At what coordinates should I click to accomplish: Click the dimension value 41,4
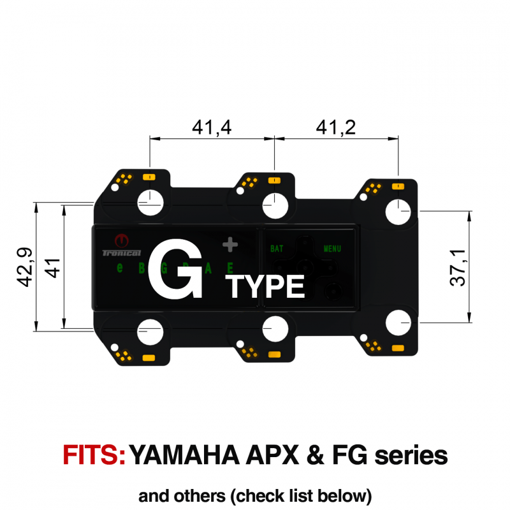pyautogui.click(x=211, y=128)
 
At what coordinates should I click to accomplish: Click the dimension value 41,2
pyautogui.click(x=336, y=128)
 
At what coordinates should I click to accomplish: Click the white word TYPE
pyautogui.click(x=266, y=288)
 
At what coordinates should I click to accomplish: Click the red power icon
pyautogui.click(x=120, y=242)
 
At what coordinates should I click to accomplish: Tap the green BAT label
pyautogui.click(x=277, y=249)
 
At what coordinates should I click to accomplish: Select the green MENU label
pyautogui.click(x=331, y=249)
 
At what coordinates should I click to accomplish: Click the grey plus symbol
pyautogui.click(x=230, y=244)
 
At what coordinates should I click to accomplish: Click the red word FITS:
pyautogui.click(x=94, y=455)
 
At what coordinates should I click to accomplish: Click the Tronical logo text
pyautogui.click(x=116, y=253)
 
